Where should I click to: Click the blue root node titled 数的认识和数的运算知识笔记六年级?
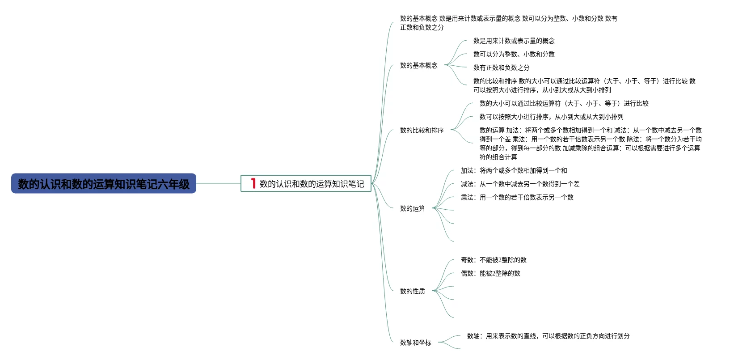(103, 184)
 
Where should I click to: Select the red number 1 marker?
(253, 183)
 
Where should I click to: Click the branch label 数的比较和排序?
(422, 130)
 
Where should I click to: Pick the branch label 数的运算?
(412, 208)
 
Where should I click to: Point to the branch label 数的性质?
(412, 291)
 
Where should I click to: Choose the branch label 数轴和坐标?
(415, 343)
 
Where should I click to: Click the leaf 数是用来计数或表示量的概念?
(514, 41)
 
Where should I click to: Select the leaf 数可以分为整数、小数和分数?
(514, 54)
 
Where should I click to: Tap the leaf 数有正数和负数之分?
(501, 68)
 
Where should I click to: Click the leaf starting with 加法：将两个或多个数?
(514, 170)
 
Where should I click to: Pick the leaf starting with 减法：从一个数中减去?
(520, 184)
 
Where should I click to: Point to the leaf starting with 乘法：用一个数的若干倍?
(517, 197)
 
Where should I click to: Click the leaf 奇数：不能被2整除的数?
(494, 260)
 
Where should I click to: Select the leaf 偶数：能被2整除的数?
(490, 273)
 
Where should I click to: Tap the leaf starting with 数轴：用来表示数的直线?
(548, 336)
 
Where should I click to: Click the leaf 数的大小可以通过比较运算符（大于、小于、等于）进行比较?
(564, 103)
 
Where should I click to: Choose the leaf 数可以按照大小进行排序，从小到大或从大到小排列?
(551, 117)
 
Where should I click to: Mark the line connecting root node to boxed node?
(218, 183)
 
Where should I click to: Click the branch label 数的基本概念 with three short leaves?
(418, 65)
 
